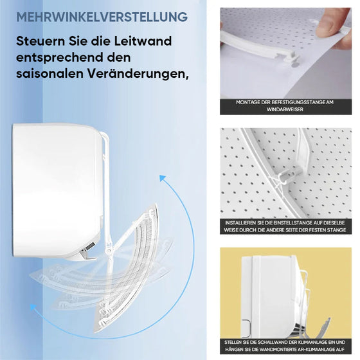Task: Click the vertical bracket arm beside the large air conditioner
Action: (108, 186)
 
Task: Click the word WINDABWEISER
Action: (286, 109)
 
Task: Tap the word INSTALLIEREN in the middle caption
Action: (242, 222)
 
